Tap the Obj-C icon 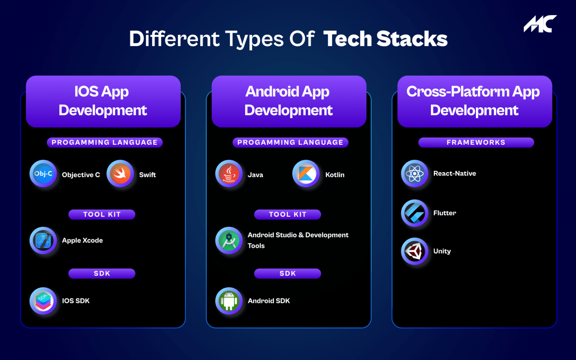pyautogui.click(x=43, y=174)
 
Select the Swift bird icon pyautogui.click(x=120, y=174)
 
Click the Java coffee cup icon pyautogui.click(x=229, y=174)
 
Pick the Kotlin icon pyautogui.click(x=306, y=174)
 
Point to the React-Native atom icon pyautogui.click(x=414, y=174)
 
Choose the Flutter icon pyautogui.click(x=414, y=213)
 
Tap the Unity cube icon pyautogui.click(x=414, y=251)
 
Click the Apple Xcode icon pyautogui.click(x=43, y=240)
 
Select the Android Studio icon pyautogui.click(x=229, y=240)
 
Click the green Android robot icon pyautogui.click(x=229, y=301)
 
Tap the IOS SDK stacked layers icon pyautogui.click(x=43, y=301)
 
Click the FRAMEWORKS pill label pyautogui.click(x=476, y=142)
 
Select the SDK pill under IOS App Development pyautogui.click(x=102, y=273)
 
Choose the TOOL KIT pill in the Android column pyautogui.click(x=287, y=214)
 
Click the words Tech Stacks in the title pyautogui.click(x=385, y=39)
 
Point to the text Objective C pyautogui.click(x=81, y=175)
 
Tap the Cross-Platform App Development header pyautogui.click(x=474, y=101)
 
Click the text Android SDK pyautogui.click(x=268, y=301)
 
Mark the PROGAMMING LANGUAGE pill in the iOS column pyautogui.click(x=105, y=142)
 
